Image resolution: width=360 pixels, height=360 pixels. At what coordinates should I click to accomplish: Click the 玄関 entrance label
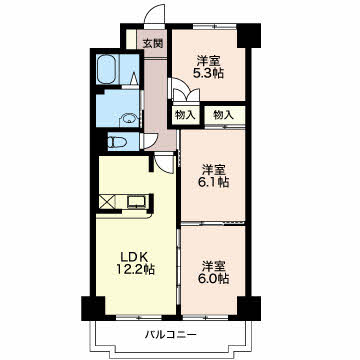coord(151,43)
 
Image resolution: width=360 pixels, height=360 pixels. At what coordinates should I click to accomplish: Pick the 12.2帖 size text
coord(132,270)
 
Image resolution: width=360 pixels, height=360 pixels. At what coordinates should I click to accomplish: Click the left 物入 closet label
coord(184,115)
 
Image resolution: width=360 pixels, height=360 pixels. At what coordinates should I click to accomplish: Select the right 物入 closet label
coord(223,115)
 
